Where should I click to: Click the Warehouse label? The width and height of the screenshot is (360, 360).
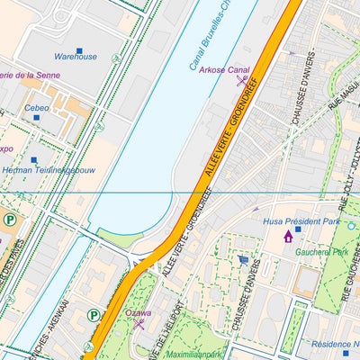pos(75,57)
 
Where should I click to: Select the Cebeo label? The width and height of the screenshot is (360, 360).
pos(37,108)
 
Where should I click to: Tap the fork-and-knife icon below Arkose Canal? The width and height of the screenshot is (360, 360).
pos(241,81)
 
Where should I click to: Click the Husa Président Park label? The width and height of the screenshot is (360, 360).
pos(301,220)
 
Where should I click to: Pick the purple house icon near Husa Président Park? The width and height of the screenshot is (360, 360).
pos(288,236)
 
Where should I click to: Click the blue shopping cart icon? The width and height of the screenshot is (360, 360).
pos(242,260)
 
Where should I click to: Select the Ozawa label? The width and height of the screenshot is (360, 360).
pos(138,313)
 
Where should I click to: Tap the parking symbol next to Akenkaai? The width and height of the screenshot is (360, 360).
pos(93,315)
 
